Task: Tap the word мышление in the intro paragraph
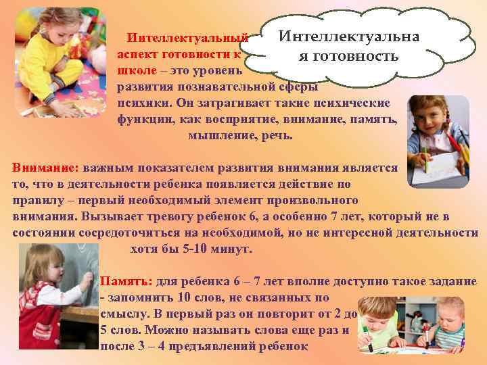coord(216,135)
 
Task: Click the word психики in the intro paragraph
coord(140,103)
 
